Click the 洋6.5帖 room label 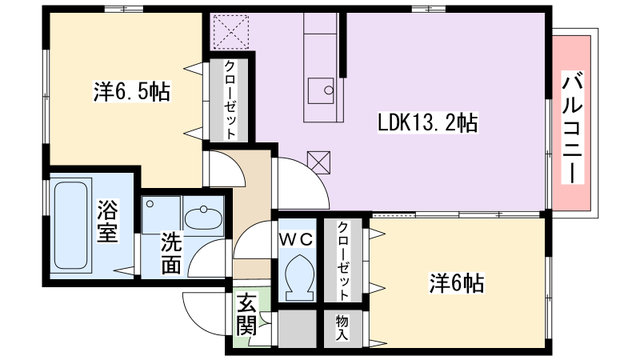[x=130, y=92]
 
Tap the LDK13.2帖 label [x=426, y=122]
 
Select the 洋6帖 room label [x=459, y=283]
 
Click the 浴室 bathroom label [x=108, y=223]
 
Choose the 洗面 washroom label [x=172, y=253]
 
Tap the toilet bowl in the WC [x=296, y=275]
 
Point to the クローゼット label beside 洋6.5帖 [x=229, y=100]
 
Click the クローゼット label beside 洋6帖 [x=343, y=260]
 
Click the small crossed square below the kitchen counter [x=320, y=160]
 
